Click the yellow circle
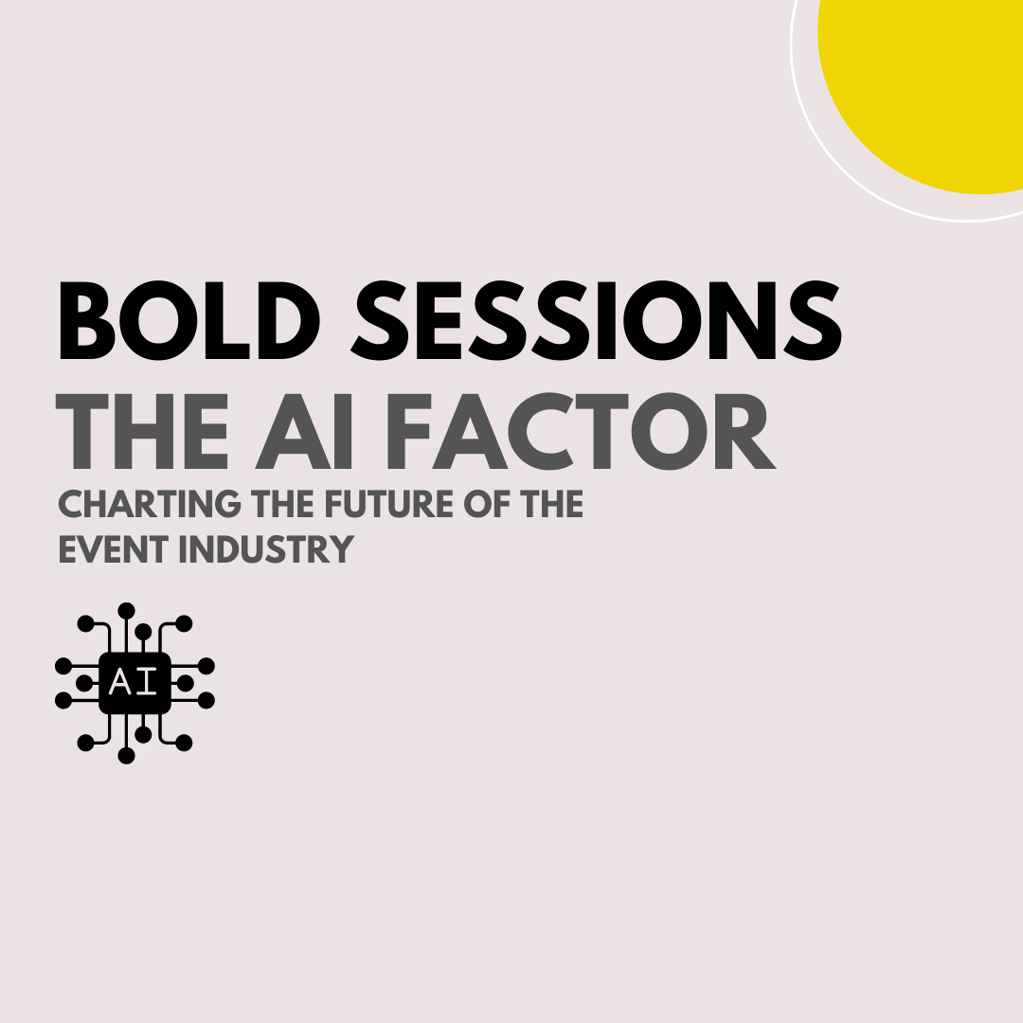(928, 85)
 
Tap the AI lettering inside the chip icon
(135, 682)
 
